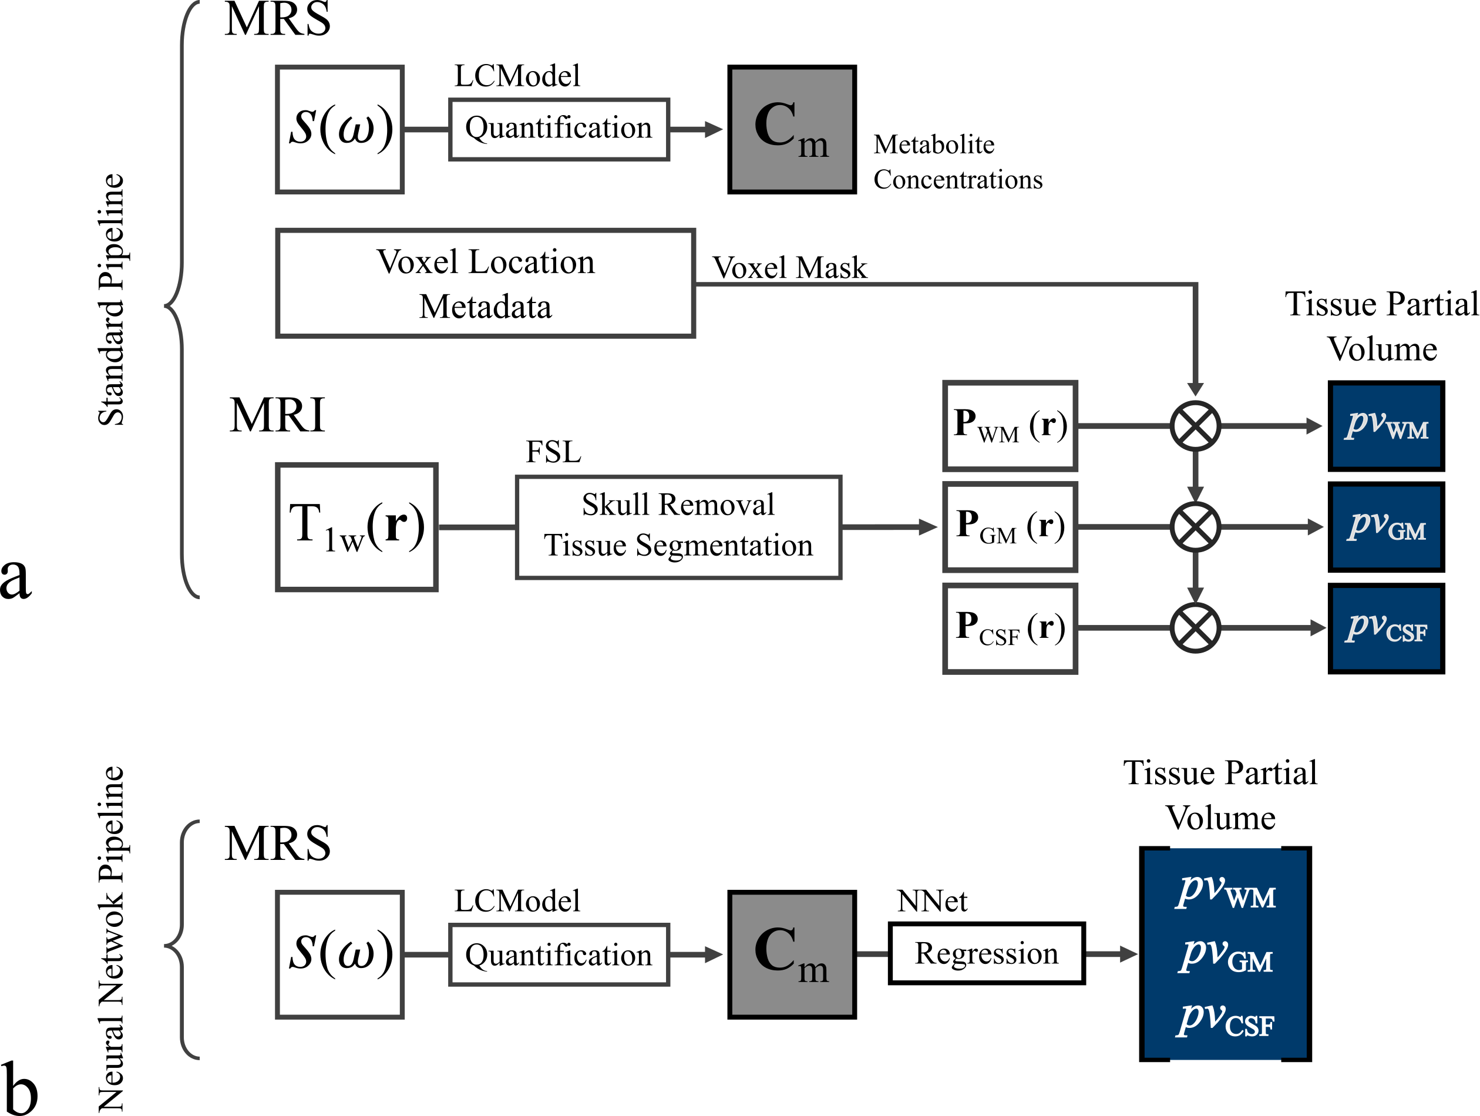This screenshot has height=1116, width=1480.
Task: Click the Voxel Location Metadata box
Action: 485,284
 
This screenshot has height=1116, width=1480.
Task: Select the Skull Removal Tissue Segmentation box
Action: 678,526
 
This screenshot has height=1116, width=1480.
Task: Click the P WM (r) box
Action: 1009,425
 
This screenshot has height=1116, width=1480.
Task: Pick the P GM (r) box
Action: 1009,526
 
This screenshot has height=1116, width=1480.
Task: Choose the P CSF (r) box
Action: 1009,628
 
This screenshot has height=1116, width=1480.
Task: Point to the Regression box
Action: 986,953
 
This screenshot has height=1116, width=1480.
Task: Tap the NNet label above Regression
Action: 931,901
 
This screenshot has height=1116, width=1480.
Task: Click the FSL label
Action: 553,452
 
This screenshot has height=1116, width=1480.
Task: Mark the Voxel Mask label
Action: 789,268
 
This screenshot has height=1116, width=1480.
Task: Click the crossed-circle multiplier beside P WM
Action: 1195,425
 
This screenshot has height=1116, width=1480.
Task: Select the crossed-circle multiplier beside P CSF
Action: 1195,628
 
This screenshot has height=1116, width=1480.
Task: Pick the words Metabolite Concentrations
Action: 957,162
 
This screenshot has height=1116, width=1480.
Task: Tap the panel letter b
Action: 19,1089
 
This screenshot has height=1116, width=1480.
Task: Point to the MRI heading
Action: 277,415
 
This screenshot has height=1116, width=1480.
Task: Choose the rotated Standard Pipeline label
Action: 111,300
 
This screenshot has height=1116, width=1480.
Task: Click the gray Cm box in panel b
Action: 792,954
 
